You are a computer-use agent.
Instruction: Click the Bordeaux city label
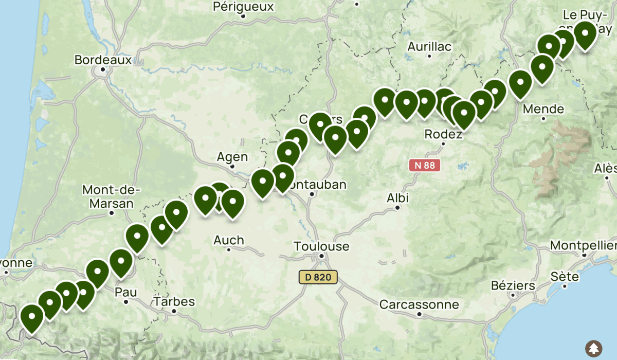click(x=103, y=60)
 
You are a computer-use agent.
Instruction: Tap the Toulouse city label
click(x=321, y=246)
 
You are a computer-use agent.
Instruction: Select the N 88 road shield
click(x=425, y=165)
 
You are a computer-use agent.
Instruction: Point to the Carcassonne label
click(x=419, y=304)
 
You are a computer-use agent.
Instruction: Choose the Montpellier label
click(x=583, y=245)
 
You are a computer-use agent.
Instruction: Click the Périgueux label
click(x=243, y=7)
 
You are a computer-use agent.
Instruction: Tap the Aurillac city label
click(x=429, y=46)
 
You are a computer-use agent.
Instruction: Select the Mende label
click(x=543, y=109)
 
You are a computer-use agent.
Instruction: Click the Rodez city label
click(x=443, y=134)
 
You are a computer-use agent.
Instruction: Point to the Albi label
click(x=398, y=198)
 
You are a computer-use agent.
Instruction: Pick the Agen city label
click(x=232, y=157)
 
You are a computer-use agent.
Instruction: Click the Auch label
click(x=229, y=240)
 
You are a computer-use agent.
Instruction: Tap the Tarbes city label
click(x=174, y=301)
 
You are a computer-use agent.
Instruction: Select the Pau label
click(x=126, y=292)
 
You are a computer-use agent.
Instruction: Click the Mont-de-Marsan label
click(x=111, y=196)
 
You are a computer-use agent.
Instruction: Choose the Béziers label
click(x=513, y=285)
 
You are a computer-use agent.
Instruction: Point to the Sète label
click(x=565, y=277)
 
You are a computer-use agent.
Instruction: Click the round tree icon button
click(x=594, y=348)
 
